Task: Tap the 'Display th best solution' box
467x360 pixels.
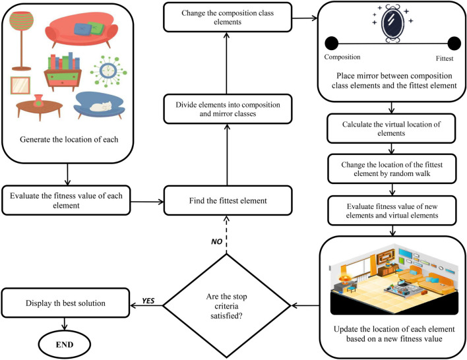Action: (66, 303)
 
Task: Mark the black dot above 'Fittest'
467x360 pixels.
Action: (454, 44)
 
